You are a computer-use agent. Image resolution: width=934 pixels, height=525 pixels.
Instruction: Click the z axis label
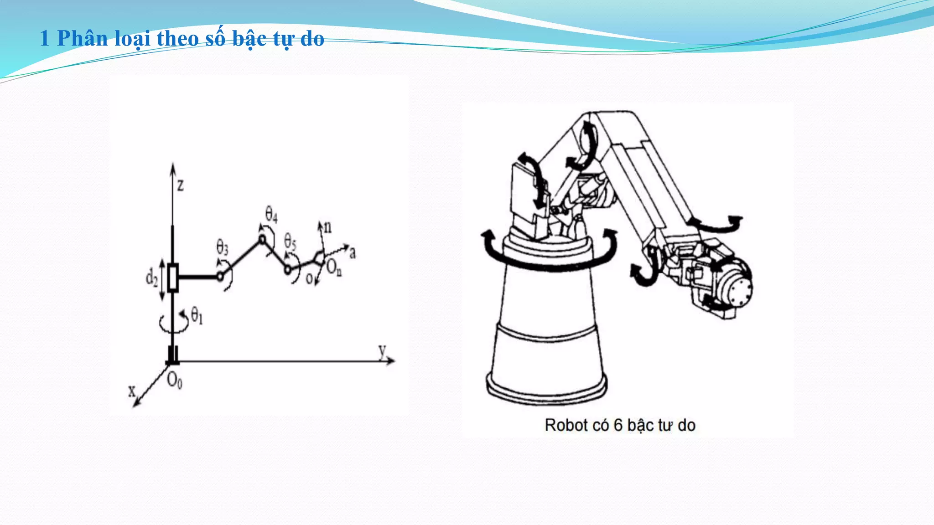181,185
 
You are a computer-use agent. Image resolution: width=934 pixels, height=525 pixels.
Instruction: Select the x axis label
132,391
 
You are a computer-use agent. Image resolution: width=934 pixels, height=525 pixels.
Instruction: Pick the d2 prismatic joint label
152,277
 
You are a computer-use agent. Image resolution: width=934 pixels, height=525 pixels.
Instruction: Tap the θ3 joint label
223,247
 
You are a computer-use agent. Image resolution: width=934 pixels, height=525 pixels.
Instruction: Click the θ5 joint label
290,241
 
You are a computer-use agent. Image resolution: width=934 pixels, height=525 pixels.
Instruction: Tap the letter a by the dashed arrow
353,253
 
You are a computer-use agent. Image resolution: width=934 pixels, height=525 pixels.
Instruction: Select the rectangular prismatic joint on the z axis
172,277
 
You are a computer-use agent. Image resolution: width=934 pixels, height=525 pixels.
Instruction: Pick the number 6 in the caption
618,425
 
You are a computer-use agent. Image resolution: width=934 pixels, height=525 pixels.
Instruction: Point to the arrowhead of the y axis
391,361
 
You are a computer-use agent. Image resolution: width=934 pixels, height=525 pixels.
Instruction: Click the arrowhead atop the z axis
173,166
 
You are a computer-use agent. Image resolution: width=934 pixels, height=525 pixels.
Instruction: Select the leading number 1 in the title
44,39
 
